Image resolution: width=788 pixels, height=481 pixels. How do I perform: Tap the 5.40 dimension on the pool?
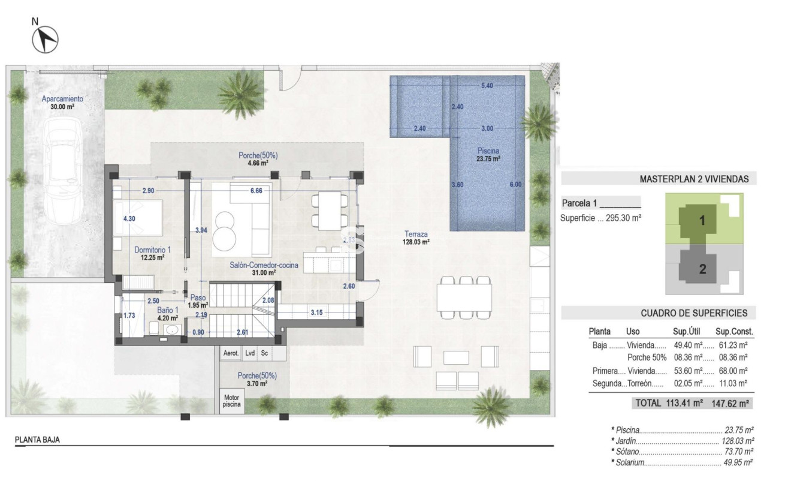(487, 86)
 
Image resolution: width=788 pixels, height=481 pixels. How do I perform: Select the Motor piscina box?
(231, 401)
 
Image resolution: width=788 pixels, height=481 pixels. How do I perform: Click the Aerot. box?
(231, 354)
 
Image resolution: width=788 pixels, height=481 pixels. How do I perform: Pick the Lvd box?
(249, 354)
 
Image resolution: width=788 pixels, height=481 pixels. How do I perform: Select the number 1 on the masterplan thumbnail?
(702, 220)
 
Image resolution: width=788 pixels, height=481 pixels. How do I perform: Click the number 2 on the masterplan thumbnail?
(702, 269)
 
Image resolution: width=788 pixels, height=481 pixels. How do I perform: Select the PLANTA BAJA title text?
(37, 440)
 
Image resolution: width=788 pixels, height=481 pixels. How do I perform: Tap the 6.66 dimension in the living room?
(256, 191)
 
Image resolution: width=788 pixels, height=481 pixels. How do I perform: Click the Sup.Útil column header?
(687, 331)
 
